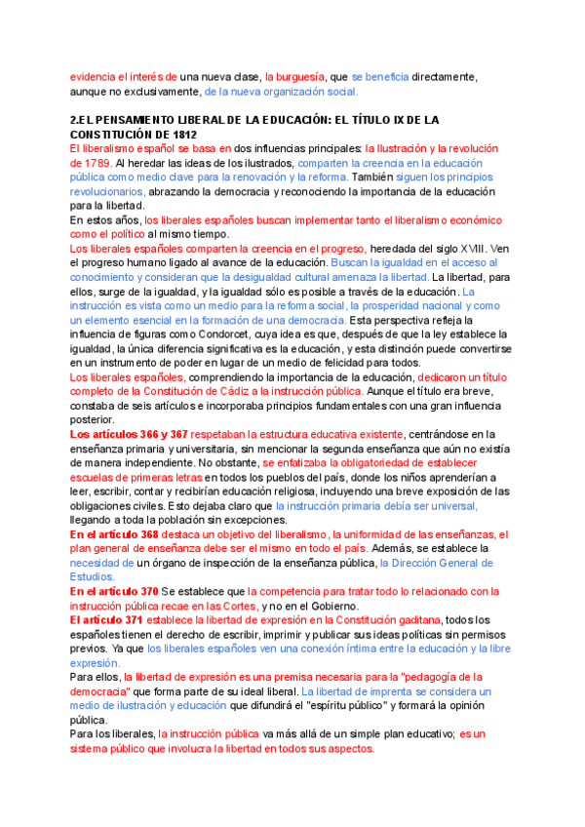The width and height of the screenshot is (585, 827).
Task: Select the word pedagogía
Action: click(450, 676)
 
